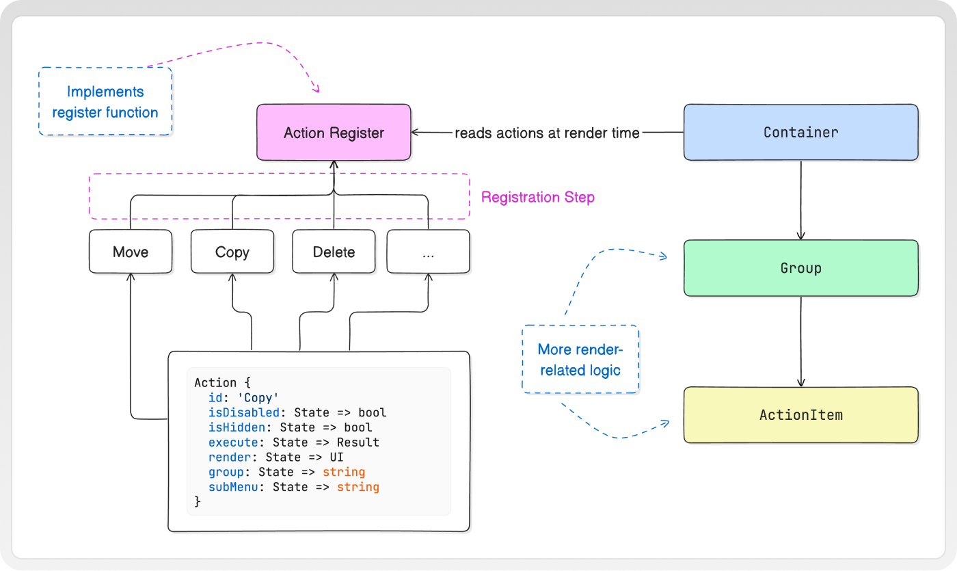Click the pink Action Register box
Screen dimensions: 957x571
click(x=334, y=133)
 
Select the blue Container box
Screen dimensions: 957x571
click(x=800, y=133)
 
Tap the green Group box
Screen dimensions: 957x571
click(x=800, y=268)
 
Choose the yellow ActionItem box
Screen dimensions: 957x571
click(x=800, y=415)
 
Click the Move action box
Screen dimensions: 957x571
click(x=131, y=252)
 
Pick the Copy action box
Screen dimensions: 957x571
click(x=232, y=252)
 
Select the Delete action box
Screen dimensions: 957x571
click(x=334, y=252)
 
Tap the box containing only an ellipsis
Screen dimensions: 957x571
click(x=428, y=252)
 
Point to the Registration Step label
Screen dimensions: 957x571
click(x=538, y=197)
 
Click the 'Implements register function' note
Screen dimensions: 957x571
click(x=105, y=102)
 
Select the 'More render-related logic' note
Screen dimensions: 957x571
click(x=580, y=360)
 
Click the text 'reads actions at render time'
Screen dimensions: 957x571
click(x=547, y=133)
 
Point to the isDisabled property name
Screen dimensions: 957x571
click(x=243, y=412)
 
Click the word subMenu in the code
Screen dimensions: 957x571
click(x=233, y=487)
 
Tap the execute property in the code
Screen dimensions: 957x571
click(x=233, y=442)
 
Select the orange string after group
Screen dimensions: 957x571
click(x=343, y=472)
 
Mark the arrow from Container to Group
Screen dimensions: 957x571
click(x=800, y=200)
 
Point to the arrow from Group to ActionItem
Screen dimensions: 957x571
click(x=800, y=341)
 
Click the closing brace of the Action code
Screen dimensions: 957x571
click(x=198, y=501)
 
